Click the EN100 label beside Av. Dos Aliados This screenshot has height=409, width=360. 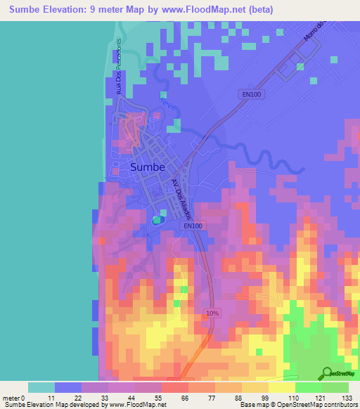193,226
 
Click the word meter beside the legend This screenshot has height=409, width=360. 11,398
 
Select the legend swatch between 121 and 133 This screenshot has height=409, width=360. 335,387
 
